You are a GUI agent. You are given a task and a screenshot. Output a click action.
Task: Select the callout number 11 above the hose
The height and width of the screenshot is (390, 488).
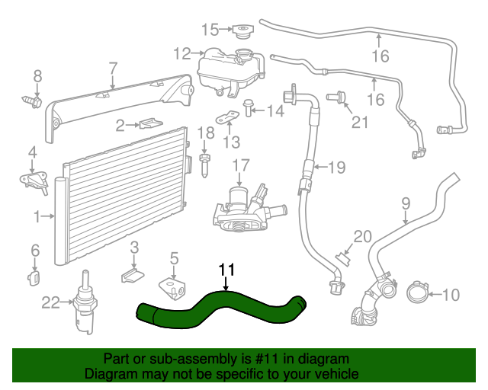(227, 270)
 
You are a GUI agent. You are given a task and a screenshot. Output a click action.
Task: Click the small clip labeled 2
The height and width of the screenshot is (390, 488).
(149, 123)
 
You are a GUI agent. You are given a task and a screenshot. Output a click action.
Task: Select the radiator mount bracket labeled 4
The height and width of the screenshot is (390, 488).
(31, 181)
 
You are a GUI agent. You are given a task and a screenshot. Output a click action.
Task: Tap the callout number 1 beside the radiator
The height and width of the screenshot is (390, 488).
(37, 217)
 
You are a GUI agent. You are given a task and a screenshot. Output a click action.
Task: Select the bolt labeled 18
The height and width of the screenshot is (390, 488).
(204, 161)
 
